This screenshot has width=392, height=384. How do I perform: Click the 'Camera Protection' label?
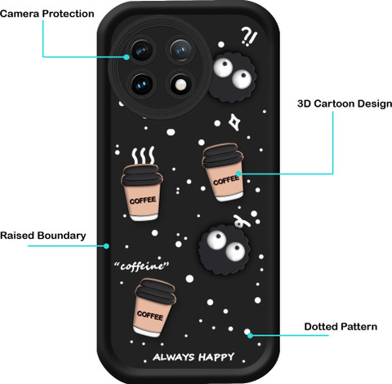tap(47, 14)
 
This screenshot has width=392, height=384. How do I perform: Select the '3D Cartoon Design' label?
tap(345, 104)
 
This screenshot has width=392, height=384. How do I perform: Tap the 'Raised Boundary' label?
tap(43, 236)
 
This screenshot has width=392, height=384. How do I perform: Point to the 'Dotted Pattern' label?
tap(341, 327)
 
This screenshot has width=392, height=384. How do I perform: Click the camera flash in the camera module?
tap(180, 86)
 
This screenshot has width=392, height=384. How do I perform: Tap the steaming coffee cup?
tap(141, 192)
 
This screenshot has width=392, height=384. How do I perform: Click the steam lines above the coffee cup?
tap(143, 156)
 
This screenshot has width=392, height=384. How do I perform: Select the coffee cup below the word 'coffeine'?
tap(154, 307)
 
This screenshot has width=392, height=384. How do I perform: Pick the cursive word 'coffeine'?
tap(141, 266)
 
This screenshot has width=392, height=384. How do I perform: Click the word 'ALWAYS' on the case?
tap(174, 357)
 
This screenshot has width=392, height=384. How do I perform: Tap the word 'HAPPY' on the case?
tap(216, 357)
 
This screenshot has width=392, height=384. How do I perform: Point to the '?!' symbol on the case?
tap(249, 37)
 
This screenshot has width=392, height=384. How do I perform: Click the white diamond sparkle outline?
tap(234, 122)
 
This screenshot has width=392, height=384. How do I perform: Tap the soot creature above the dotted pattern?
tap(225, 249)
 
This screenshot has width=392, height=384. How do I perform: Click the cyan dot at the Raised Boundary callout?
tap(106, 246)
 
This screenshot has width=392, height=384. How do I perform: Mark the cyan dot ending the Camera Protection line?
tap(126, 57)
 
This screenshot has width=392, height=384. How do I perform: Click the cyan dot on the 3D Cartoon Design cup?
tap(238, 174)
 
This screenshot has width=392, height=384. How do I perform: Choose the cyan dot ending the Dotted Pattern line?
tap(250, 335)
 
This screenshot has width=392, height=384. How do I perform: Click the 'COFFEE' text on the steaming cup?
tap(143, 201)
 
